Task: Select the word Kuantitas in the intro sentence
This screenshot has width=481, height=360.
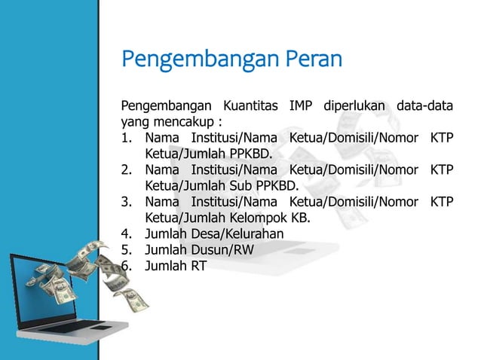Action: [244, 104]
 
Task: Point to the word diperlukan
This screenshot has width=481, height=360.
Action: [355, 104]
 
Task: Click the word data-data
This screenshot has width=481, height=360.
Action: [427, 104]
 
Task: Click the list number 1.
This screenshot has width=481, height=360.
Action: [127, 138]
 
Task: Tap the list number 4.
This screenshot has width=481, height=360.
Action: [127, 234]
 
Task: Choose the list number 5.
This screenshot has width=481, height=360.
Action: [127, 250]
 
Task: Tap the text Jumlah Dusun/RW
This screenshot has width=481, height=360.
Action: [200, 250]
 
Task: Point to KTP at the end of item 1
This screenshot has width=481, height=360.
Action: [441, 138]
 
